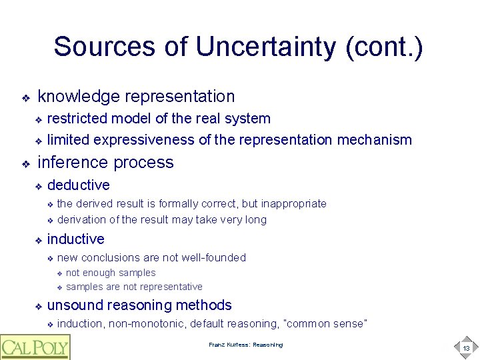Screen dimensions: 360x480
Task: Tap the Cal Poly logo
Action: pos(35,347)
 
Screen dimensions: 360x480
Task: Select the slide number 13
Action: pos(466,347)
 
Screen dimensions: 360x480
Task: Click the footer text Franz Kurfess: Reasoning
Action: pos(245,345)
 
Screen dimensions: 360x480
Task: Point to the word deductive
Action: pos(79,185)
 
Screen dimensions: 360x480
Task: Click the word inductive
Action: pos(76,239)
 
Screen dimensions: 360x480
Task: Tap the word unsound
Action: pos(75,305)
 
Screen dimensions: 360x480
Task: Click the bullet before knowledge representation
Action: pos(25,98)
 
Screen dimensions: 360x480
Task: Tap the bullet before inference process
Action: pos(25,163)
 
